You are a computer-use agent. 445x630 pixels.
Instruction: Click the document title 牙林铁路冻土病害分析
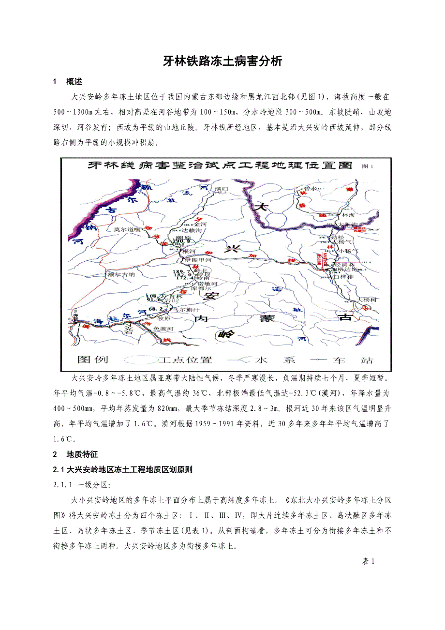pos(222,61)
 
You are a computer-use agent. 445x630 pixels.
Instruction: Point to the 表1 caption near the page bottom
pos(368,561)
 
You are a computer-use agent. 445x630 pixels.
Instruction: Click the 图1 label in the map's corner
pos(368,166)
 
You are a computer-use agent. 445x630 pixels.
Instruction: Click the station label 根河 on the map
pos(189,252)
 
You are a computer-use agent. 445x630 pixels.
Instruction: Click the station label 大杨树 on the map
pos(367,300)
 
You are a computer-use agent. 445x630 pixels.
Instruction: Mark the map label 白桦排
pos(343,278)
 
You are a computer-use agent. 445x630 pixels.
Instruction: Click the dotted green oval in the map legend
pos(141,360)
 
